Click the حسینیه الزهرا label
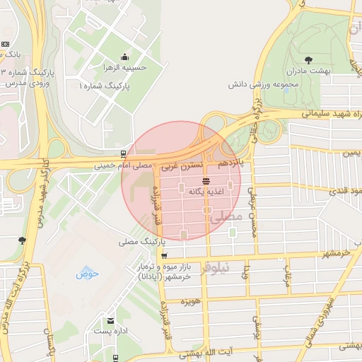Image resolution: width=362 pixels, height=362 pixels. click(x=125, y=69)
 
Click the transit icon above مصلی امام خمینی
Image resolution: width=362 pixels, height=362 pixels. click(x=124, y=153)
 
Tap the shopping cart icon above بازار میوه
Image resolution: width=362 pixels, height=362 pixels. click(x=165, y=255)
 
